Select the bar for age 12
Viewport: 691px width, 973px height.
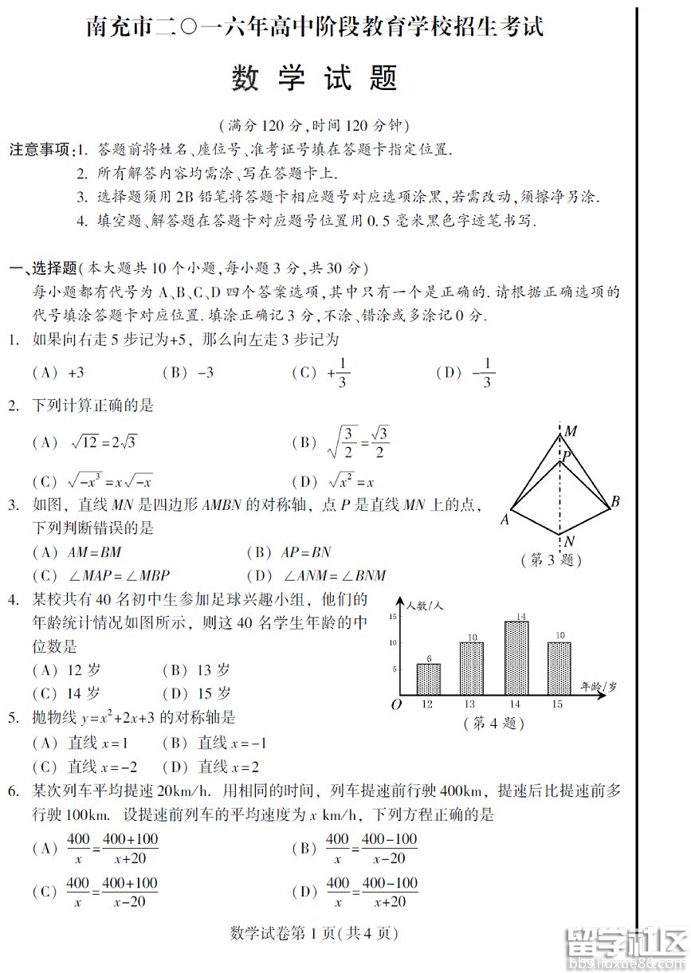[x=428, y=679]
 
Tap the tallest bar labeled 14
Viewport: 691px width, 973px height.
[x=516, y=657]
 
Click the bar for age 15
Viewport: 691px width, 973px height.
[x=559, y=668]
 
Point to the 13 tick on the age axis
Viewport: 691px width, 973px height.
[x=470, y=704]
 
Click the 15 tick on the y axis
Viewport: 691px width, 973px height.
[x=392, y=617]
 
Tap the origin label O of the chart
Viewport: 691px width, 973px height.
[x=395, y=704]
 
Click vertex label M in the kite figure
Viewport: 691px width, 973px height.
[x=571, y=432]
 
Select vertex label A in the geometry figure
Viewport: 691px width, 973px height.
[x=505, y=520]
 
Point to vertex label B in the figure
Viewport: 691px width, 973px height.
[x=615, y=501]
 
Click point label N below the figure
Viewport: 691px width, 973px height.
[x=570, y=542]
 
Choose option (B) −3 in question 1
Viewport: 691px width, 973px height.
[x=187, y=372]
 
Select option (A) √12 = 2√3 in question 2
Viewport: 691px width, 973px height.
[x=84, y=441]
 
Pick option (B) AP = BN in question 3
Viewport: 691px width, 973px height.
[x=289, y=551]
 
